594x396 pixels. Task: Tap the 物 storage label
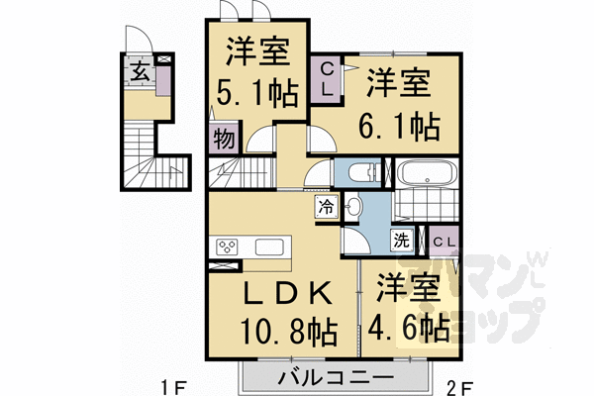tap(223, 139)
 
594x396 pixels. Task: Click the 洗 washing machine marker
tap(403, 239)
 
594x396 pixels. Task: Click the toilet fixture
tap(365, 173)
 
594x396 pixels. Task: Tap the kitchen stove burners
tap(228, 247)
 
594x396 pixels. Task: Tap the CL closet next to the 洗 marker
tap(444, 241)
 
